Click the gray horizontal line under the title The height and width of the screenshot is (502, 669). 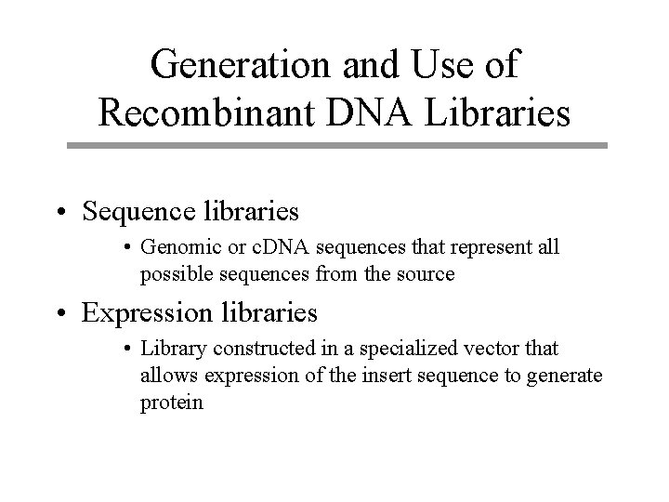337,146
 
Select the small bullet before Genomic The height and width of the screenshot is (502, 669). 127,249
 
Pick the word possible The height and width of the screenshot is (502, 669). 172,274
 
